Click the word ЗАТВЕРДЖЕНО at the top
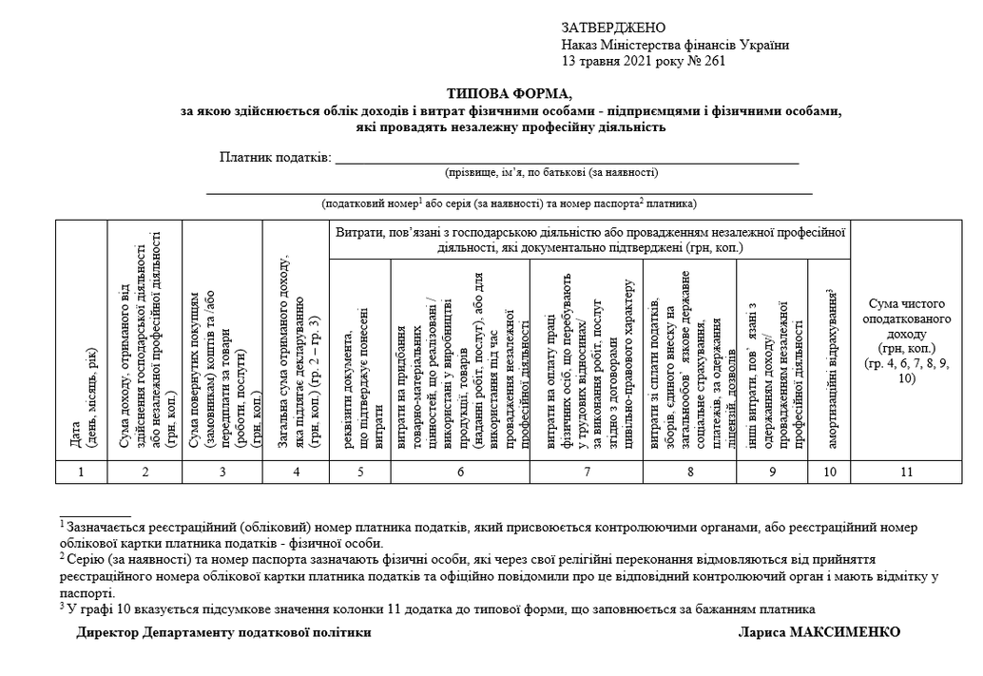click(x=613, y=28)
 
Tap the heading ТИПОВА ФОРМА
click(x=511, y=94)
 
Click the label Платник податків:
click(x=276, y=157)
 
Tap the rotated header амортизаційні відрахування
click(x=829, y=371)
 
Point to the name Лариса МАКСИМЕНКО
click(x=819, y=632)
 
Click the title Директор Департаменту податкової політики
click(x=224, y=632)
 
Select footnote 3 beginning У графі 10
click(x=437, y=609)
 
